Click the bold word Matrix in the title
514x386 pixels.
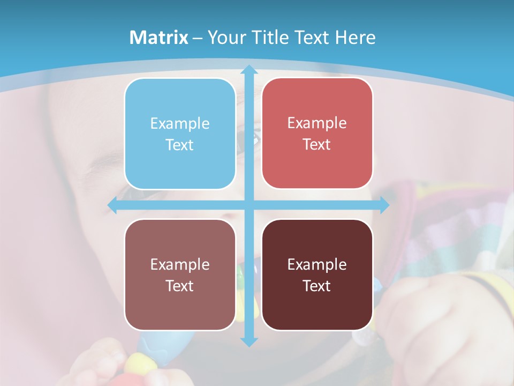point(159,38)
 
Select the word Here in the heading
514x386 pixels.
point(355,38)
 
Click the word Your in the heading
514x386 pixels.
point(225,38)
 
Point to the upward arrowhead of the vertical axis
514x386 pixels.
point(249,70)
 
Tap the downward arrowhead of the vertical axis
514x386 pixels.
point(249,341)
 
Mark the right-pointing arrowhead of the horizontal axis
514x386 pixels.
point(384,205)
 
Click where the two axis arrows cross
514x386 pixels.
point(249,205)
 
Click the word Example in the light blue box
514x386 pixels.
point(180,124)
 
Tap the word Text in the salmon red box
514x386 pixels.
point(317,145)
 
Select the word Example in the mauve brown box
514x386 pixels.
point(180,265)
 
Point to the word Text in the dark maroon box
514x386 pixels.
point(317,286)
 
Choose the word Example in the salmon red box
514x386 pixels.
point(317,123)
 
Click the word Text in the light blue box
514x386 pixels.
point(180,145)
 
